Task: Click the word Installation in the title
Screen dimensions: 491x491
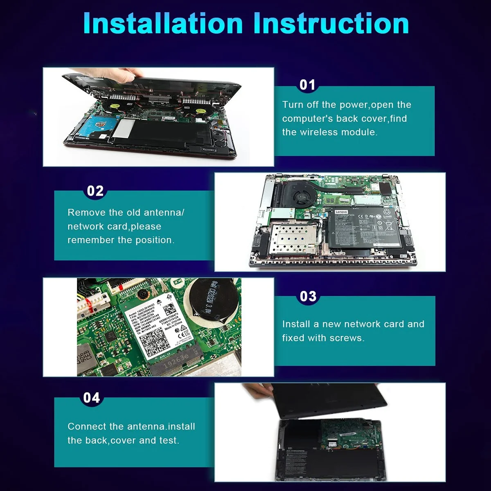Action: click(x=163, y=23)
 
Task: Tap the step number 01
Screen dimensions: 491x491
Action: click(x=308, y=85)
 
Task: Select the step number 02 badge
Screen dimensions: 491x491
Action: click(x=95, y=191)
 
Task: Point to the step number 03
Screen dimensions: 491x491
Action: click(x=308, y=296)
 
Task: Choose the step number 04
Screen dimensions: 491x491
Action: click(x=92, y=398)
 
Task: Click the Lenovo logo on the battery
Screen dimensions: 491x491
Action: click(x=341, y=212)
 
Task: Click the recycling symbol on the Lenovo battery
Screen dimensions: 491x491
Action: click(x=386, y=212)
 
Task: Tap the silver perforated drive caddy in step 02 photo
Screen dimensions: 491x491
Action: click(x=291, y=240)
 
